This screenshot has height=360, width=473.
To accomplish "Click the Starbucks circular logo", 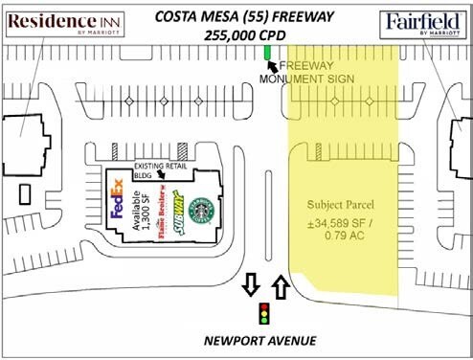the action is (x=201, y=211).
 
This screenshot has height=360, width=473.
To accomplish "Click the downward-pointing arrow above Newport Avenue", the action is (x=250, y=284).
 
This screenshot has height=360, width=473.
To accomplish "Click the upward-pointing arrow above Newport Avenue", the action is (x=281, y=284).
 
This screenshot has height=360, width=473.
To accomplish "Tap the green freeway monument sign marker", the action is (x=267, y=50).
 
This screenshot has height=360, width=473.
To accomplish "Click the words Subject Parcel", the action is (x=341, y=206).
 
